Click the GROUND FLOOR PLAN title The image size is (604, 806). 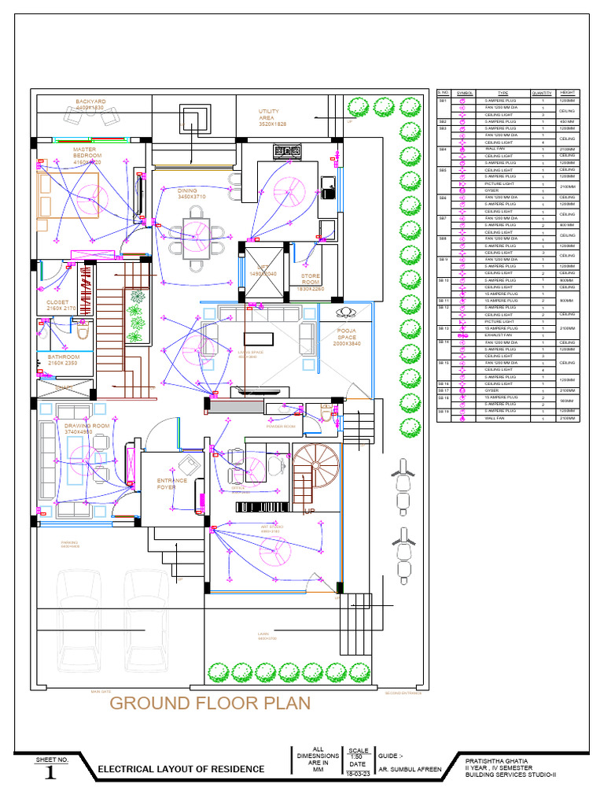[x=210, y=703]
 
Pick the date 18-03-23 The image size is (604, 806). [x=357, y=774]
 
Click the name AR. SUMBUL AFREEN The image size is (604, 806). [x=411, y=768]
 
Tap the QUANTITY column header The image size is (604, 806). [x=543, y=93]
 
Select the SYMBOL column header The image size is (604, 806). [x=464, y=93]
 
